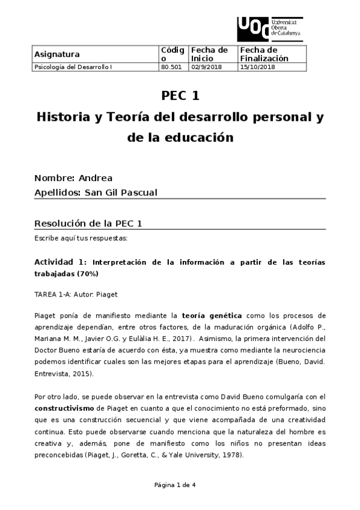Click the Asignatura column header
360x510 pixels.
pos(57,54)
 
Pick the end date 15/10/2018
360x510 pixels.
pos(257,67)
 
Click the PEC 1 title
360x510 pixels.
pos(180,96)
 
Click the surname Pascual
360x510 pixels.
pos(138,192)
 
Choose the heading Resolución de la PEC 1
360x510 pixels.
pos(88,224)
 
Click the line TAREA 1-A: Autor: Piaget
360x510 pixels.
pos(76,295)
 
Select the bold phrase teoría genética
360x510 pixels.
pos(212,315)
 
